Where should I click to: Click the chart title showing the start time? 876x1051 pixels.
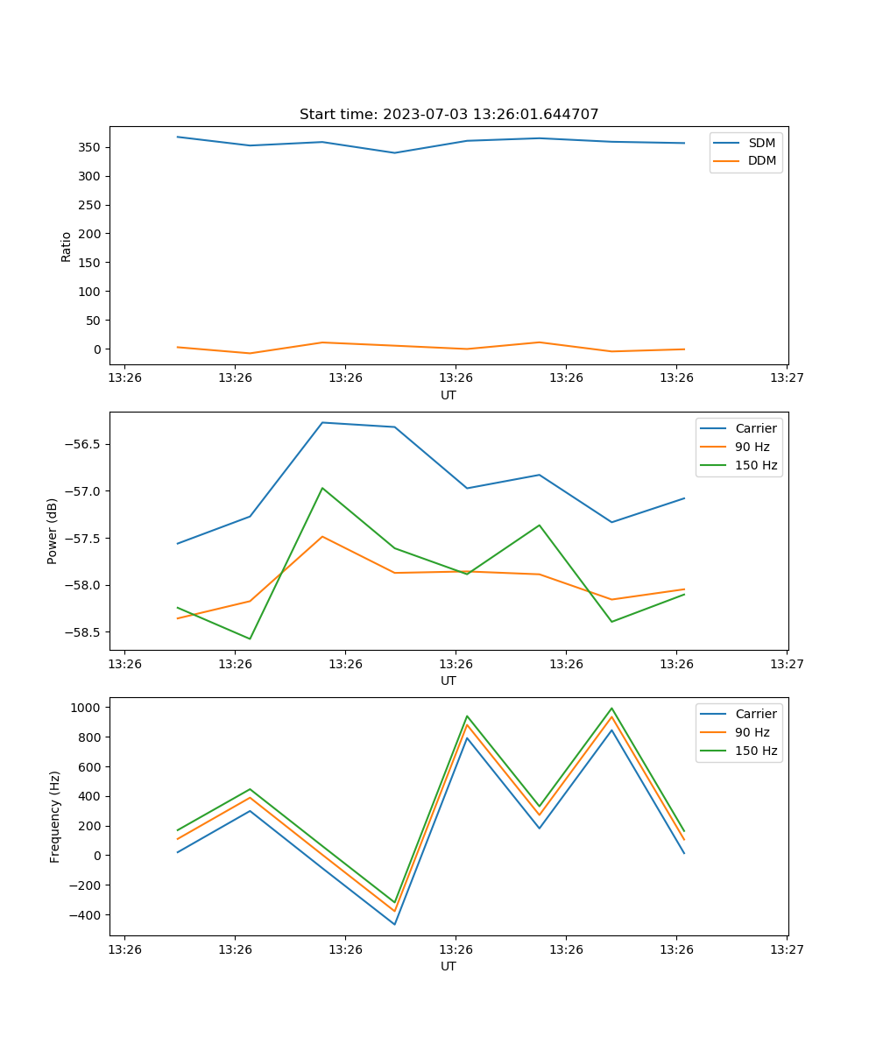(x=449, y=115)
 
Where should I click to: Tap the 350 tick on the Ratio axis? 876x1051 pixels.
(x=91, y=147)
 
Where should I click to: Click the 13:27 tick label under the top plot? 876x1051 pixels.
(x=786, y=378)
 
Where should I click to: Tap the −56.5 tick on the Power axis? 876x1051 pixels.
(x=83, y=444)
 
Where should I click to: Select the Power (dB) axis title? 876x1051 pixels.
(x=53, y=531)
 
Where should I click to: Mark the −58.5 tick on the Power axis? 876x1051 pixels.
(x=83, y=632)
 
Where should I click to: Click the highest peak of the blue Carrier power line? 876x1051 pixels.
(x=322, y=423)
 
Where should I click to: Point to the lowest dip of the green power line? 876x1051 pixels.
(x=250, y=638)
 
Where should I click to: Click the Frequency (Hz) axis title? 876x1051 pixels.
(x=55, y=816)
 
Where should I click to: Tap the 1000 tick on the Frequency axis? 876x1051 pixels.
(x=88, y=707)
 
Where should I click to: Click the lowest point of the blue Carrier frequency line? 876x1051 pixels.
(x=394, y=924)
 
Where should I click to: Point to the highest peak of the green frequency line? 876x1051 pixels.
(x=611, y=709)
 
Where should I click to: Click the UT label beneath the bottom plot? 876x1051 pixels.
(x=449, y=966)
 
